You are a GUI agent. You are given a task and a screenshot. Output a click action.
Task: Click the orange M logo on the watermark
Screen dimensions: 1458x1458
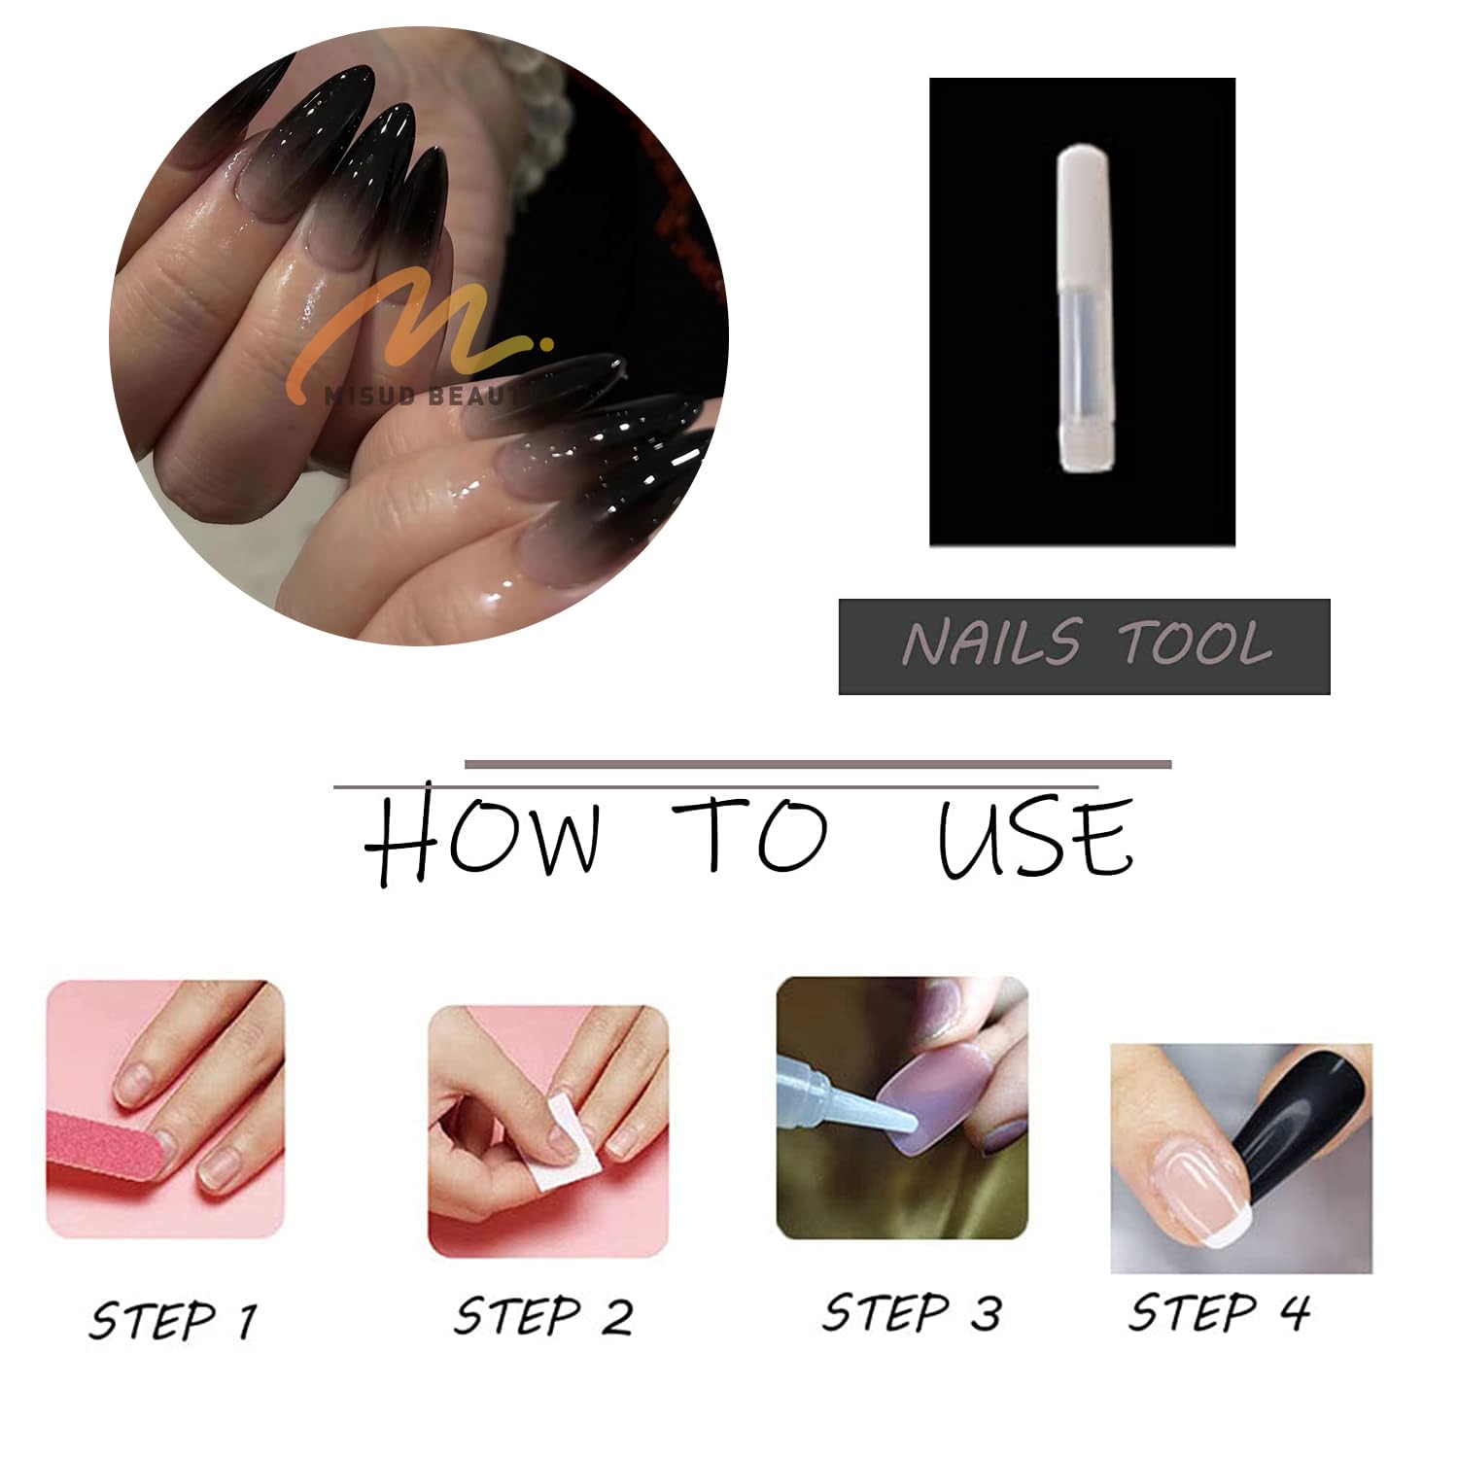(x=418, y=326)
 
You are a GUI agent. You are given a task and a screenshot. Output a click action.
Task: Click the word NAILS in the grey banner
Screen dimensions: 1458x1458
(x=990, y=642)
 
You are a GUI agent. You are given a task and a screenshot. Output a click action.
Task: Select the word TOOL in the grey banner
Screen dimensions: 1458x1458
(x=1196, y=642)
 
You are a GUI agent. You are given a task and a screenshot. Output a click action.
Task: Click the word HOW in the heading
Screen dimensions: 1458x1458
(x=483, y=839)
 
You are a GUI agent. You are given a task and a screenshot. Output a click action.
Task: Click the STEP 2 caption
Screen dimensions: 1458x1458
(x=543, y=1316)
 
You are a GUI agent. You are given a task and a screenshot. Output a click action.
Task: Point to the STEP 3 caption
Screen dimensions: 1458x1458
(x=912, y=1312)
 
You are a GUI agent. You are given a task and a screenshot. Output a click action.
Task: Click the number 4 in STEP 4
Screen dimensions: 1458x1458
(x=1294, y=1312)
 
